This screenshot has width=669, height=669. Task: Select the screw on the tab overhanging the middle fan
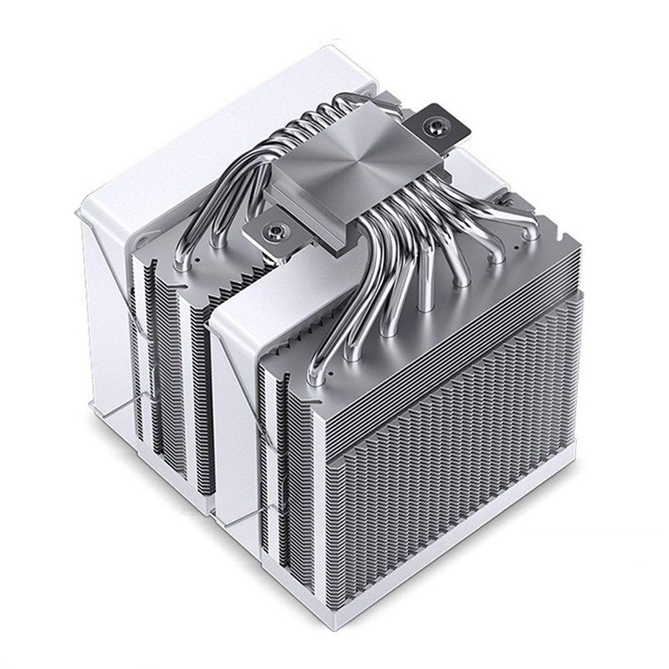pyautogui.click(x=274, y=229)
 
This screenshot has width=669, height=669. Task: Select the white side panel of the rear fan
pyautogui.click(x=105, y=327)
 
